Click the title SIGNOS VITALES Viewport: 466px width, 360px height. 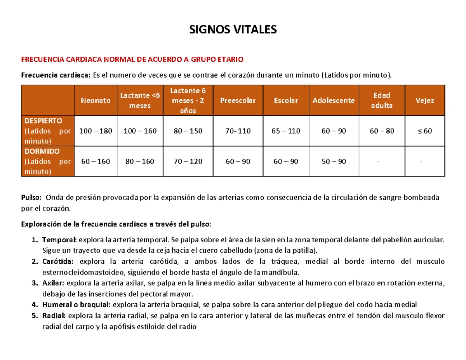tap(233, 30)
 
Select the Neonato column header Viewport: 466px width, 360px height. tap(96, 101)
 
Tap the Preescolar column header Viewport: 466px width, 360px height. tap(238, 101)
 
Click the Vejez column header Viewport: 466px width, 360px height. tap(425, 101)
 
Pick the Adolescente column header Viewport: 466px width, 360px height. tap(334, 101)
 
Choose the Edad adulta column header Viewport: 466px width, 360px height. tap(382, 100)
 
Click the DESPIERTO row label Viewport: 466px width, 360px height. tap(42, 121)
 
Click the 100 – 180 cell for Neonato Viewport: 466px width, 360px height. tap(96, 131)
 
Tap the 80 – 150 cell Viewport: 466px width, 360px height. tap(188, 131)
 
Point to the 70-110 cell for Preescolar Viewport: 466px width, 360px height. tap(238, 131)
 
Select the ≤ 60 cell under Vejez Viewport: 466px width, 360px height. tap(425, 131)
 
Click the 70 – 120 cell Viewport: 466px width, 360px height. tap(188, 161)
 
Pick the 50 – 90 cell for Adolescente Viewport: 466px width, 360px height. tap(334, 161)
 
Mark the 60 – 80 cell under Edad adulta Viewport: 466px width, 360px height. tap(382, 131)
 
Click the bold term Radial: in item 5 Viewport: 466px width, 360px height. tap(54, 316)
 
